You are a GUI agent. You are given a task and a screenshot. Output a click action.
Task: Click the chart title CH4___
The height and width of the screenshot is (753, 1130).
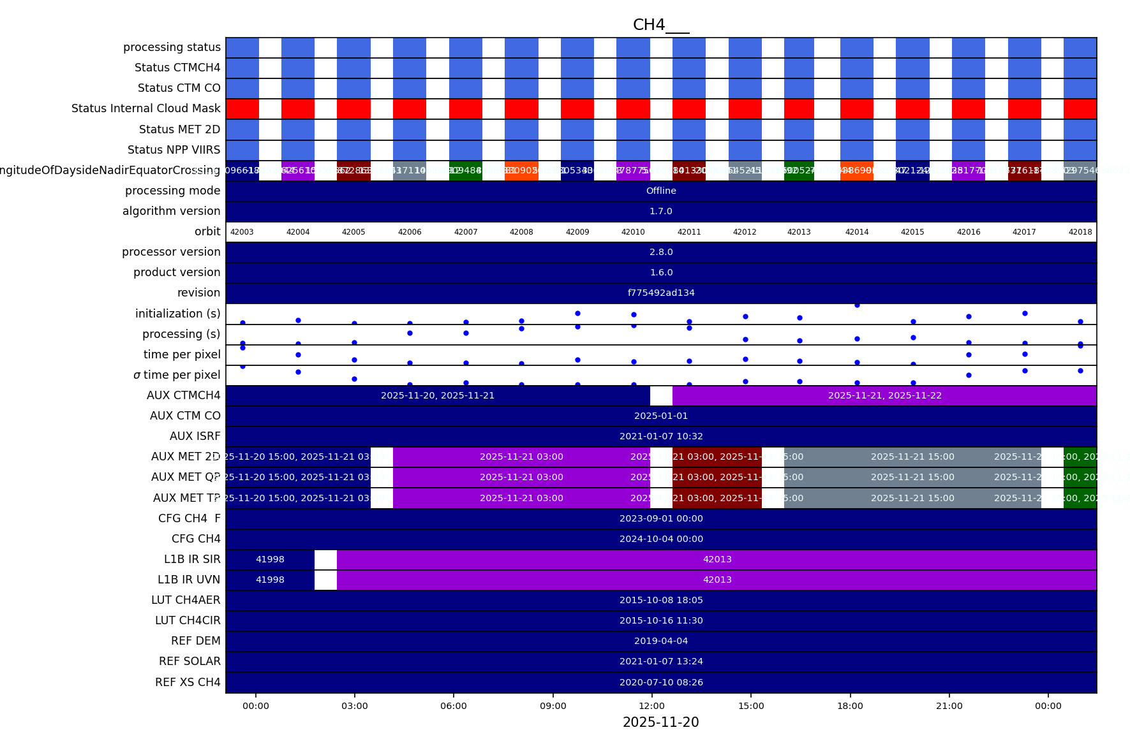(660, 25)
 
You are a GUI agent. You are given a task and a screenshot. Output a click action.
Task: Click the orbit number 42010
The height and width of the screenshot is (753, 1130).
(633, 232)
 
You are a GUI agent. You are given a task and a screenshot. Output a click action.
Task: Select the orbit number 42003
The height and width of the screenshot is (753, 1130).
(242, 232)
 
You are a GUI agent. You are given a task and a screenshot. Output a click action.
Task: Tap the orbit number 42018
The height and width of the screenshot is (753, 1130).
(1080, 232)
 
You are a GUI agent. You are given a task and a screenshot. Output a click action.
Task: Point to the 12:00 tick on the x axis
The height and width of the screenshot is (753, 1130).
(652, 706)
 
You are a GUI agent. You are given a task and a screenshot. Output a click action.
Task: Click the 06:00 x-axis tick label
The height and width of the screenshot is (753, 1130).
(454, 706)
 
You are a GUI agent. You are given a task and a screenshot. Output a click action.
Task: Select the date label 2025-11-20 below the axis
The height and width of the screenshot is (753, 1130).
(660, 722)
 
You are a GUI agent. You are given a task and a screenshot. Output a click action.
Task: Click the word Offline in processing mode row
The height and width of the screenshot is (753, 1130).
(661, 191)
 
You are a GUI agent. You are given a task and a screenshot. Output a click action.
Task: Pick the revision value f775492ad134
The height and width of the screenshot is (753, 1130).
(661, 293)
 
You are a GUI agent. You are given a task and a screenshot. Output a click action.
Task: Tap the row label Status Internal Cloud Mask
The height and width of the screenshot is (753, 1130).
(146, 108)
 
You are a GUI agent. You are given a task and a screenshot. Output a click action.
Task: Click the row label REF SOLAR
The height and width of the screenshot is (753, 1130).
(190, 662)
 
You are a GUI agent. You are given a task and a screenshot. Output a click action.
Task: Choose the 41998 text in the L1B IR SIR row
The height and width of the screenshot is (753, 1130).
(270, 560)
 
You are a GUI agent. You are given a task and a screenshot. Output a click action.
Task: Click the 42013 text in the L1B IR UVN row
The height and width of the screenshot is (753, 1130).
(717, 580)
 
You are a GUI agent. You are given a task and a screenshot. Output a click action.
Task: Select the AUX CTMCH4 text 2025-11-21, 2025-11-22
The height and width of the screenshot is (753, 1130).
(884, 396)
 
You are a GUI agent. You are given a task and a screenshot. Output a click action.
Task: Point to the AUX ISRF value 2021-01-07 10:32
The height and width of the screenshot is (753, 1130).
(661, 437)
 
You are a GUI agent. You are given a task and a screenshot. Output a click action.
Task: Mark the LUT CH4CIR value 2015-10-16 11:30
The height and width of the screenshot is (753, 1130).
(661, 621)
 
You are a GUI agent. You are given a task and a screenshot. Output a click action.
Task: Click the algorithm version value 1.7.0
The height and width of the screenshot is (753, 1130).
(661, 212)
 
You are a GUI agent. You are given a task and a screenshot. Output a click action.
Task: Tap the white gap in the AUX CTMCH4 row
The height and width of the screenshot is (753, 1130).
(661, 396)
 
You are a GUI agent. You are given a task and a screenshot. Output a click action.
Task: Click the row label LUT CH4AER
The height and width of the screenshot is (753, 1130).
(186, 601)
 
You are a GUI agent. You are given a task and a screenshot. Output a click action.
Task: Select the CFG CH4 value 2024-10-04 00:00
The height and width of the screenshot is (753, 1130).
(661, 539)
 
